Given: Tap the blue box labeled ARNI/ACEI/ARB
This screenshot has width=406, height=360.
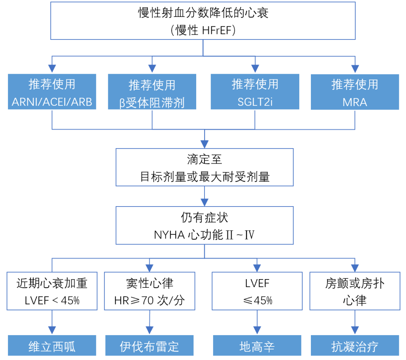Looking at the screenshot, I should coord(52,92).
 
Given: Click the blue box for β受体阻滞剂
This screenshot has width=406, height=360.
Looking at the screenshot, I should coord(152,92).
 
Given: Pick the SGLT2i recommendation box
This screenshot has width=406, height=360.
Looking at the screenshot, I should coord(255,92).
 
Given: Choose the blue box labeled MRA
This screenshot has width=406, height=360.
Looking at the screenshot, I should coord(354,92).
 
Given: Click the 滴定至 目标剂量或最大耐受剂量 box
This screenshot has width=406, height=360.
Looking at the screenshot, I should coord(204,167).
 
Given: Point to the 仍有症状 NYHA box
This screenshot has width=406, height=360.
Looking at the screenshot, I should coord(204,225).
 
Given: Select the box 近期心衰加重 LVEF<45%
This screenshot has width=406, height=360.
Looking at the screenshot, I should coord(52,292).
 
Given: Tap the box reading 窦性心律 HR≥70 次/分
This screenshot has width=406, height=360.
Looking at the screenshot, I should coord(150,292).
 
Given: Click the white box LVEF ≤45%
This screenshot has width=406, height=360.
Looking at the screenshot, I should coord(257,292).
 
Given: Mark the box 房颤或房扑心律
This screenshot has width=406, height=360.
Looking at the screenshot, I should coord(354,292).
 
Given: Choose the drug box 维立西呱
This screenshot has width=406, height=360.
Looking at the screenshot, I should coord(52,345).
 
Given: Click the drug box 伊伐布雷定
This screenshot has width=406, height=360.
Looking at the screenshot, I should coord(149,345).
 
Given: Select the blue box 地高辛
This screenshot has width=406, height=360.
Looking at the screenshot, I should coord(257,345).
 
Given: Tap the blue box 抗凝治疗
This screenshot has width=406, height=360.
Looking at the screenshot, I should coord(354,345).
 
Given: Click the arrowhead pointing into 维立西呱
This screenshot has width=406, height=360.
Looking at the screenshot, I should coord(52,330).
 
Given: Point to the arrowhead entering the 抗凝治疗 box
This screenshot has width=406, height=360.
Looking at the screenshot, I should coord(354,330).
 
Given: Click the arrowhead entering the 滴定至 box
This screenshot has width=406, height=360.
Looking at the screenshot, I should coord(204,144).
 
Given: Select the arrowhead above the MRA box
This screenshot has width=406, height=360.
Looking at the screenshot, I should coord(354,69).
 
